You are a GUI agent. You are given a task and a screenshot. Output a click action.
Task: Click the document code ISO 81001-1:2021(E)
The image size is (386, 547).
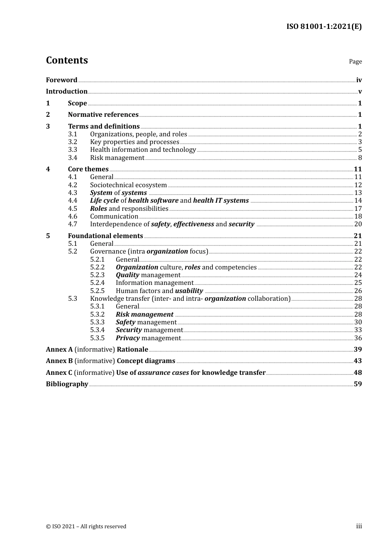click(x=324, y=26)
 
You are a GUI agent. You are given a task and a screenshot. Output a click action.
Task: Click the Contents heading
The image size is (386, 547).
click(x=67, y=60)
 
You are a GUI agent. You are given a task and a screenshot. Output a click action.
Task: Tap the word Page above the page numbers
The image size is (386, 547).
click(x=355, y=61)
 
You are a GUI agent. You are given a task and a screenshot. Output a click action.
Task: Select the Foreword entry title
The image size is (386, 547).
click(x=61, y=80)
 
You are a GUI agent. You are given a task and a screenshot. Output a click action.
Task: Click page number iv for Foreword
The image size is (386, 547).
click(x=359, y=80)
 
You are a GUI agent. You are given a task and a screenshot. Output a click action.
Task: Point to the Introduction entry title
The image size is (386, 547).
click(x=67, y=91)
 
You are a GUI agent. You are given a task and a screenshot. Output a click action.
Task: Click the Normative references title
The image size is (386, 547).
click(x=103, y=115)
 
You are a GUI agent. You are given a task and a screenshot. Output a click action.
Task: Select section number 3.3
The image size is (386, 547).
click(x=72, y=150)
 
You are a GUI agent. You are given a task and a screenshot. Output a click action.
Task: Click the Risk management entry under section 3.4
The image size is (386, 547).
click(x=117, y=158)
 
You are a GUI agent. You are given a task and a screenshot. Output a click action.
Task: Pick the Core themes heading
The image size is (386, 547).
click(x=88, y=169)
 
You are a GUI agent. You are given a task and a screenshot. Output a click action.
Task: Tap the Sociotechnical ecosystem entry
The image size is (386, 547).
click(x=128, y=185)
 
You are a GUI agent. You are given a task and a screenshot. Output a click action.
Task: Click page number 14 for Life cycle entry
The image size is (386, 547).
click(x=358, y=201)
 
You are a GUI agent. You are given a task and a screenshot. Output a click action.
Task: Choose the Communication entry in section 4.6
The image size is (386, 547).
click(x=114, y=216)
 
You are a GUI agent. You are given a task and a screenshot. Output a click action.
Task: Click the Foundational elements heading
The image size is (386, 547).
click(x=105, y=236)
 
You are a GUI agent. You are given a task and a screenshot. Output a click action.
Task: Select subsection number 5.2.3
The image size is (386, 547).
click(x=97, y=275)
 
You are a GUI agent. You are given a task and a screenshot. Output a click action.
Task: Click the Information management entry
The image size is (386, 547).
click(x=154, y=283)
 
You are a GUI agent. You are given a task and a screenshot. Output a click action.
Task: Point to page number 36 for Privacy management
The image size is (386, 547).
click(x=358, y=338)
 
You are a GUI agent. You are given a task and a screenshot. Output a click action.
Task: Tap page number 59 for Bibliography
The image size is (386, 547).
click(x=358, y=384)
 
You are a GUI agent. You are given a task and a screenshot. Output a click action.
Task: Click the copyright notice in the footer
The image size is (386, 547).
click(x=86, y=526)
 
